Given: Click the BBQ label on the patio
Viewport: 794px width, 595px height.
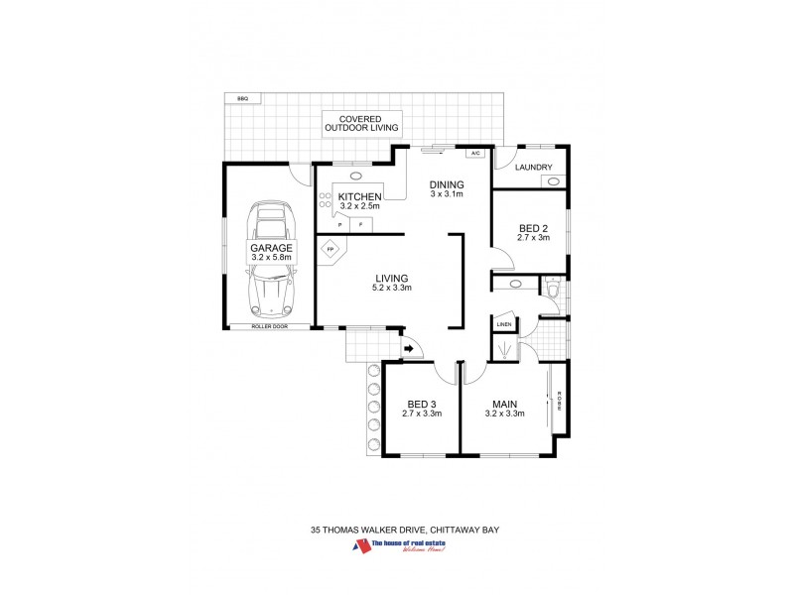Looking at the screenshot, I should point(241,98).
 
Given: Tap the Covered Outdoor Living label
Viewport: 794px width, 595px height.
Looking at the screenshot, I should point(361,123).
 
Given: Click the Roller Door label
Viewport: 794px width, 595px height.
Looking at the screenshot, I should point(269,326).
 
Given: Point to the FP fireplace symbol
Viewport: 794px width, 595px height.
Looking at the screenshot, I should point(331,250).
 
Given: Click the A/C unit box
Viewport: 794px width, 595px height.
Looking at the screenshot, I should point(474,154).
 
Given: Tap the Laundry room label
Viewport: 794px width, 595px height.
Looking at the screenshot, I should point(533,168).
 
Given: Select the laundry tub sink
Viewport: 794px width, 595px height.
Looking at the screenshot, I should point(554,181).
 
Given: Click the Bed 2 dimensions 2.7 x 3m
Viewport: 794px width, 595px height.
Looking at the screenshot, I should point(533,238).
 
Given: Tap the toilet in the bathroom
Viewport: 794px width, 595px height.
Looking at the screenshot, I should point(553,288).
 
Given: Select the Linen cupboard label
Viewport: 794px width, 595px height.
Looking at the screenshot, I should point(504,324).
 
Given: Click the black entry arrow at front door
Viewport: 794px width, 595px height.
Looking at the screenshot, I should point(408,348).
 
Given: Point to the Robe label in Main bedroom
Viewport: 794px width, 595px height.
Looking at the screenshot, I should point(560,401).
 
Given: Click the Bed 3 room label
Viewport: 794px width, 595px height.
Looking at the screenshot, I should point(422,404).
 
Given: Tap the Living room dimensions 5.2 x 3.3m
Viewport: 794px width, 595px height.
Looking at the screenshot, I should point(392,289).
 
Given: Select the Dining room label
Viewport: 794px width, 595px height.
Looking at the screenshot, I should point(446,185).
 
